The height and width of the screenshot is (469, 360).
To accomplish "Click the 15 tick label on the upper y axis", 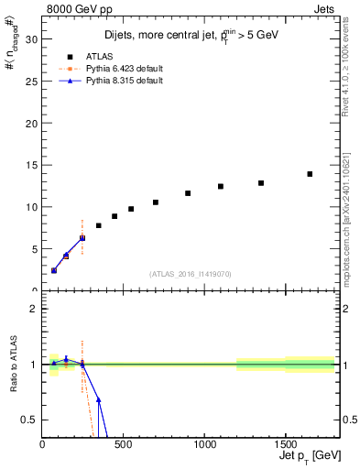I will pyautogui.click(x=32, y=165).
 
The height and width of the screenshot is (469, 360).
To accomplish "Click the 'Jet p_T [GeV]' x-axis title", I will pyautogui.click(x=311, y=457).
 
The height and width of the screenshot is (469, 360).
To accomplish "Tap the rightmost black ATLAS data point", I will pyautogui.click(x=310, y=174).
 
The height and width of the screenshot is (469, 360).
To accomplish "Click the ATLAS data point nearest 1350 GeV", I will pyautogui.click(x=261, y=183).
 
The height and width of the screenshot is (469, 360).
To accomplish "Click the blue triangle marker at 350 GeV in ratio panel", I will pyautogui.click(x=98, y=400).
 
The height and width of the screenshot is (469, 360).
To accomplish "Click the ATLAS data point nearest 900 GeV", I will pyautogui.click(x=188, y=193).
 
